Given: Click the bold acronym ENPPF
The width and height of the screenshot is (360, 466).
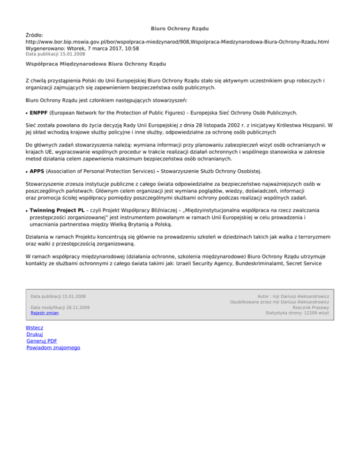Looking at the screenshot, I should pos(38,113).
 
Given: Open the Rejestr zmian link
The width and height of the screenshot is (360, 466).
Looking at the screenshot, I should pos(45,313).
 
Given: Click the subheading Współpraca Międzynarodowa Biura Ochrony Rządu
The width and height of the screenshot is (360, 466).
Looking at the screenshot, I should pos(96,63).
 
